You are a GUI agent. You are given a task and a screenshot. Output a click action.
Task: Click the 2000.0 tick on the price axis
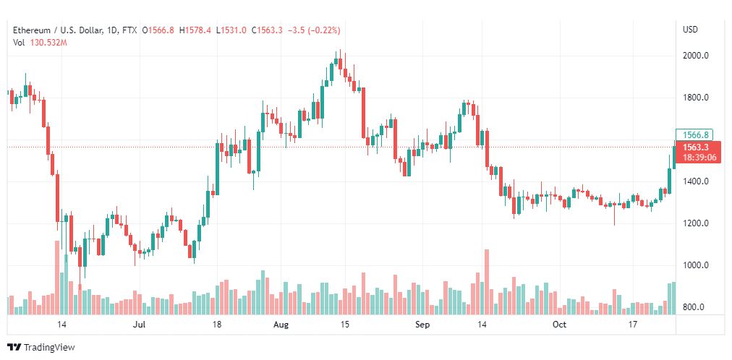point(695,56)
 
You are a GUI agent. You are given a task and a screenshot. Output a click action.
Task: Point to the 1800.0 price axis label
point(695,98)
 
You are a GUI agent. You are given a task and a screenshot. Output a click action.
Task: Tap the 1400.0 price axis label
point(695,181)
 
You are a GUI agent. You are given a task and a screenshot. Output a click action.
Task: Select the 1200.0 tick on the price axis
point(695,223)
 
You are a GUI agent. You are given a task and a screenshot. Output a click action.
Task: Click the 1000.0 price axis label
point(695,265)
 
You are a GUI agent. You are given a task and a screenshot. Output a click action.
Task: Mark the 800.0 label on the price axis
point(695,307)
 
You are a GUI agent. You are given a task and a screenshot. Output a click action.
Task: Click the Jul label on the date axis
point(141,325)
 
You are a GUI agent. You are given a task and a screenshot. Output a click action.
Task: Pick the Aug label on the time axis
point(281,325)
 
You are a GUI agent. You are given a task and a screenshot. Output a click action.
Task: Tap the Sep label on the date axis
point(423,325)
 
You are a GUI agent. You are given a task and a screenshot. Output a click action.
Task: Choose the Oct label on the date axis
point(558,325)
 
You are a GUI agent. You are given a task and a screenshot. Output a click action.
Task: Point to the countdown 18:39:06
point(698,157)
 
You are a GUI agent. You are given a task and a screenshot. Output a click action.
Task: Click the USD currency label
point(690,30)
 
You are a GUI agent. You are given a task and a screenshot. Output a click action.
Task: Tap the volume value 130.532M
point(48,43)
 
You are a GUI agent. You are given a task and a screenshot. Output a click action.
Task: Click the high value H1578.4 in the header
point(195,30)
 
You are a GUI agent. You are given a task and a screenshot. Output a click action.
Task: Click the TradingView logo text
point(49,348)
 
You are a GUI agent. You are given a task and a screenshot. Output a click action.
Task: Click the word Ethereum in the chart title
point(31,30)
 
